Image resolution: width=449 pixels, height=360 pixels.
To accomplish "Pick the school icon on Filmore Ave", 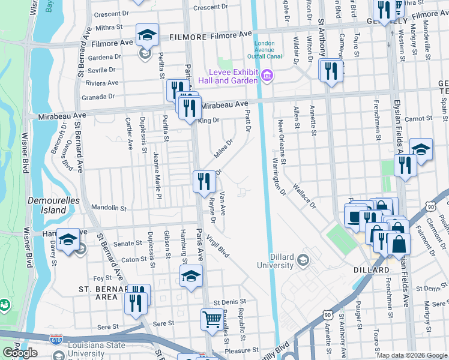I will tap(146, 37).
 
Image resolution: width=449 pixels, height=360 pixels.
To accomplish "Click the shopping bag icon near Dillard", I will tap(398, 244).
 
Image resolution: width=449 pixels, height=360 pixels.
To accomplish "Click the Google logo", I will tap(20, 353).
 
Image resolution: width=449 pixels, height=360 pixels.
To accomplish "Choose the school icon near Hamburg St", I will tap(191, 276).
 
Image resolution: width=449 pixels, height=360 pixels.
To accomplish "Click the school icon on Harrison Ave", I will tap(68, 241).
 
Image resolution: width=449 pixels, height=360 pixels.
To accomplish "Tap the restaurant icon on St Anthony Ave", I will tap(331, 72).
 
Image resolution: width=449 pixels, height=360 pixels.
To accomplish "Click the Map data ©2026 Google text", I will tap(411, 355).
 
